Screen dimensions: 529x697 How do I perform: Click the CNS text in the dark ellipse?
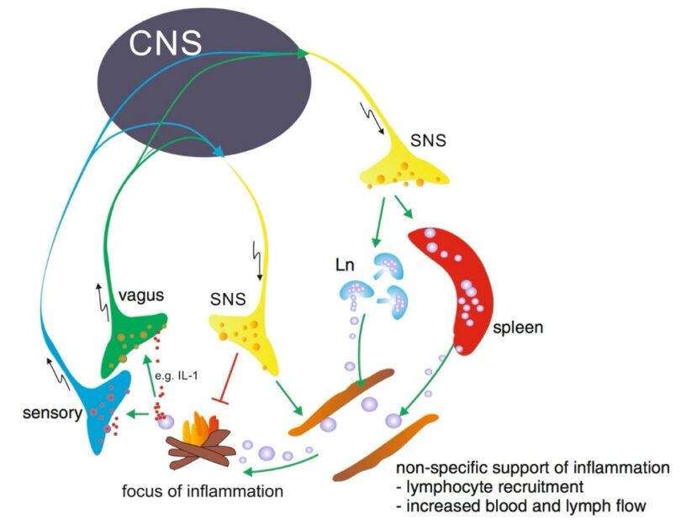[x=166, y=42]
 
